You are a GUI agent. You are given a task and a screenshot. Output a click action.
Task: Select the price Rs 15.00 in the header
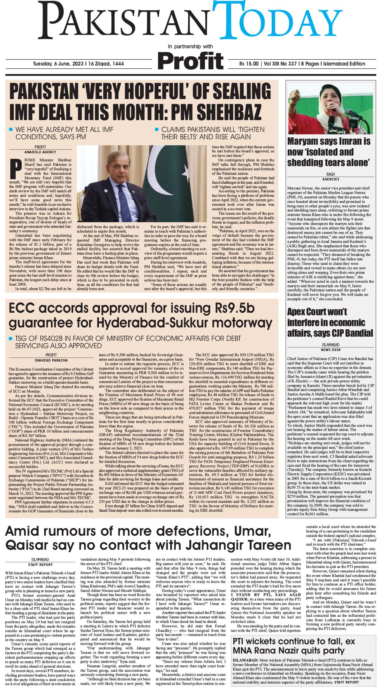coord(249,64)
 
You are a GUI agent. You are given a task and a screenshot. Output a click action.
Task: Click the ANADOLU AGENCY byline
coord(40,152)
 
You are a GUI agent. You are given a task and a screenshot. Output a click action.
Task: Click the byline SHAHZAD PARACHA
coord(51,361)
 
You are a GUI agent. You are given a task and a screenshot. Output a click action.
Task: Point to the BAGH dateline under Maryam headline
coord(330,174)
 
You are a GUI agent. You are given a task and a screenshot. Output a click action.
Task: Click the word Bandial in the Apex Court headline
coord(355,333)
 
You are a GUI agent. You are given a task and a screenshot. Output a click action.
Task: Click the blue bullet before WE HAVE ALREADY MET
coord(11,130)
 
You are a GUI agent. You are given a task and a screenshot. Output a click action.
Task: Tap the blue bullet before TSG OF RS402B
coord(11,338)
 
